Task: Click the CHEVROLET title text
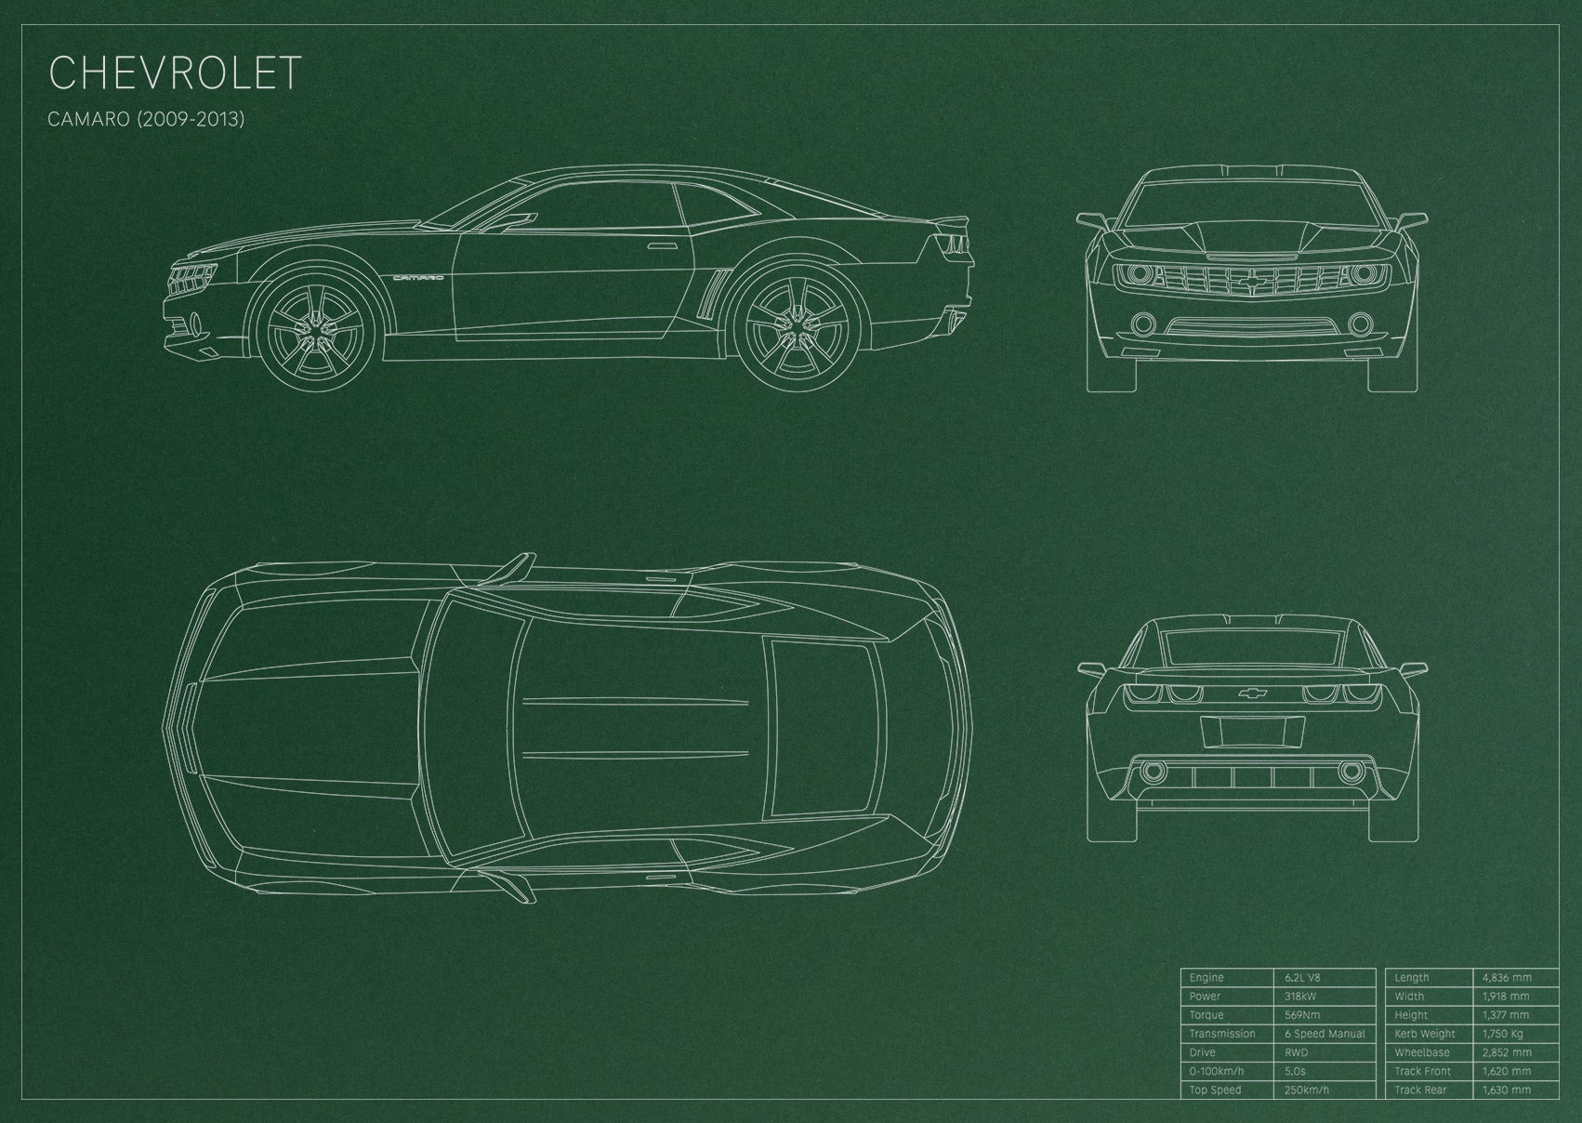(x=175, y=73)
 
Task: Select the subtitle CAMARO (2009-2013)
(x=146, y=119)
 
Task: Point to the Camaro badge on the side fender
(x=419, y=278)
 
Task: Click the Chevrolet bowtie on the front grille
(x=1252, y=281)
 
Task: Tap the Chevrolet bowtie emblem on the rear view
(x=1252, y=694)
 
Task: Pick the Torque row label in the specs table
(x=1206, y=1015)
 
